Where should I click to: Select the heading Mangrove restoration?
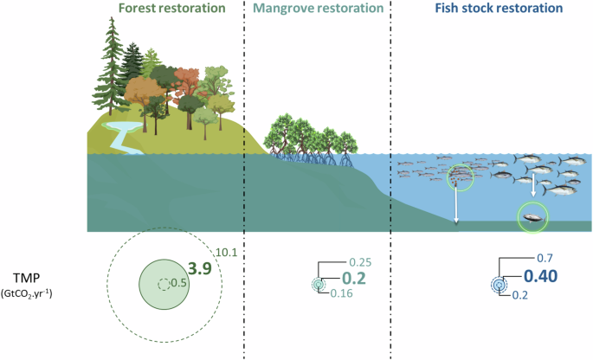tap(319, 10)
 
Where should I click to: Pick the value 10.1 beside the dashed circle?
tap(228, 252)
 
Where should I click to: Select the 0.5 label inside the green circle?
tap(178, 283)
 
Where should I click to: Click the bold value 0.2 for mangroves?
tap(354, 279)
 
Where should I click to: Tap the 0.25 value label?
tap(362, 262)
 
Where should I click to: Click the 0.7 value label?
tap(545, 258)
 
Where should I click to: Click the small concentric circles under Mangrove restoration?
tap(319, 284)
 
